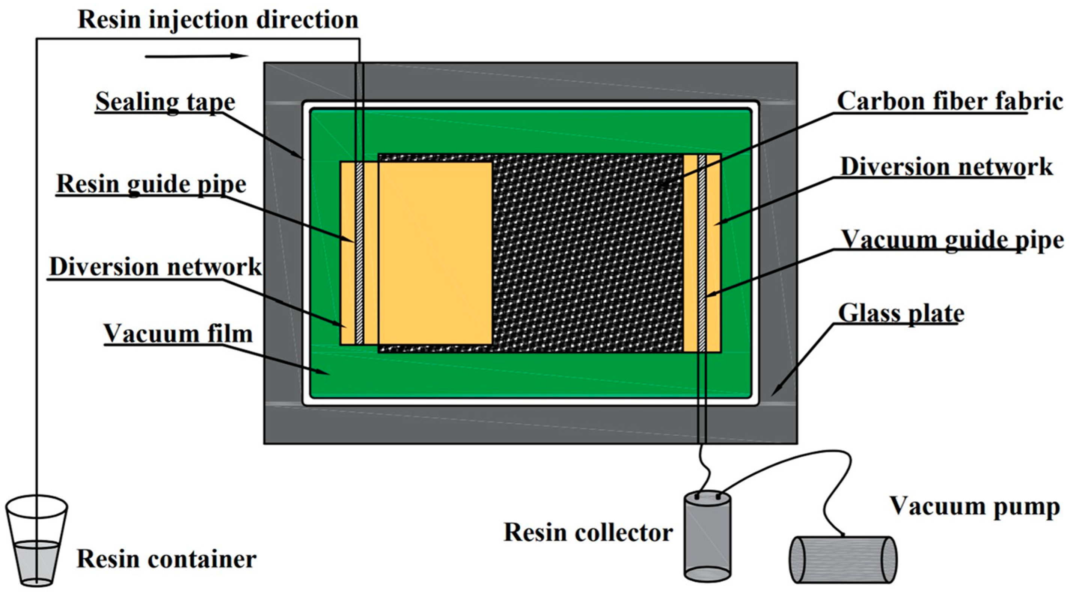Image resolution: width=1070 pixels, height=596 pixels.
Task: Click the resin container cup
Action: pos(36,540)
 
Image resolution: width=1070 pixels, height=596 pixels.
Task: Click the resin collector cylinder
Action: pos(707,536)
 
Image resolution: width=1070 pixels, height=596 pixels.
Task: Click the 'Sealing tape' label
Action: pos(165,102)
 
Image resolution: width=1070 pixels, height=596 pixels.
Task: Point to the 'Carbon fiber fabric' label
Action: pos(949,101)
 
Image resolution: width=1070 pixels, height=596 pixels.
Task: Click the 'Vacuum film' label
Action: pos(178,334)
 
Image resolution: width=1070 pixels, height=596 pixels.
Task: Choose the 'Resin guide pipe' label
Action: pos(151,184)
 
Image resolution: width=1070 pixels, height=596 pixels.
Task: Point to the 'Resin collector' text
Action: pos(588,533)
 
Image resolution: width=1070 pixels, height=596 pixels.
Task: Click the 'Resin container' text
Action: pos(166,559)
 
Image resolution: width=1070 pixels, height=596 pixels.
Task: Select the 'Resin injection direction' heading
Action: pos(218,20)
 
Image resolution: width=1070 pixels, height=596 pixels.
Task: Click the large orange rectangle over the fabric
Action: pos(435,253)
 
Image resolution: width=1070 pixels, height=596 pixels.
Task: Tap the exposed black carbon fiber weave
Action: pos(588,253)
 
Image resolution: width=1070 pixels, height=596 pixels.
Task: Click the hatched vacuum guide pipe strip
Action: pos(702,253)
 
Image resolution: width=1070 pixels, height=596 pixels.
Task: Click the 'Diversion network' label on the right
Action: pos(946,167)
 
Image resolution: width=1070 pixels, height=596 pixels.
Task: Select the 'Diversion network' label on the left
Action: pos(155,267)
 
